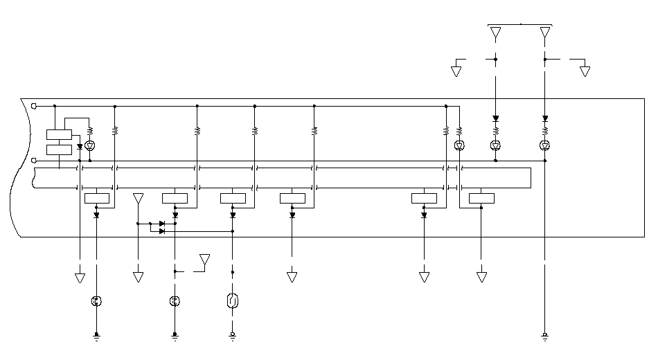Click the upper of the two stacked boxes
coord(59,134)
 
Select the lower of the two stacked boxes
coord(59,149)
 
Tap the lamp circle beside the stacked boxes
coord(89,145)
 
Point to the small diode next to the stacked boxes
coord(80,147)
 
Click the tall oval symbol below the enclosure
coord(233,301)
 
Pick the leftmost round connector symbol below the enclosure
coord(96,301)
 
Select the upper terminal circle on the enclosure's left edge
coord(34,106)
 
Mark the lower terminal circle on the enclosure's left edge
coord(34,161)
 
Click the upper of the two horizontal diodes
coord(161,224)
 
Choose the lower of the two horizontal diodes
coord(161,231)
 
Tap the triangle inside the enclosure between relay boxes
coord(138,199)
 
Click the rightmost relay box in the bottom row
coord(481,199)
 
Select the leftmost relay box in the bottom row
coord(96,199)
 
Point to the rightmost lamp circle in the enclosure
coord(545,145)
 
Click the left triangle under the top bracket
coord(495,33)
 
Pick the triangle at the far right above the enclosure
coord(585,71)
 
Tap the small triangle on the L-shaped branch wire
coord(204,260)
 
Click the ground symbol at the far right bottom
coord(545,337)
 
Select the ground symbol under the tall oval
coord(233,337)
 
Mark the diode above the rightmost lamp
coord(545,118)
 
